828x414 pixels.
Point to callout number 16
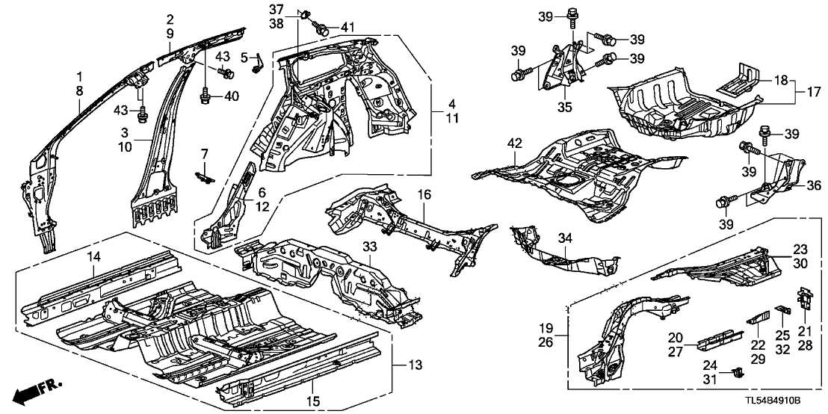[424, 194]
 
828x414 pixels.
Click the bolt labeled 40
[205, 96]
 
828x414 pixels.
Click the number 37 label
[276, 10]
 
